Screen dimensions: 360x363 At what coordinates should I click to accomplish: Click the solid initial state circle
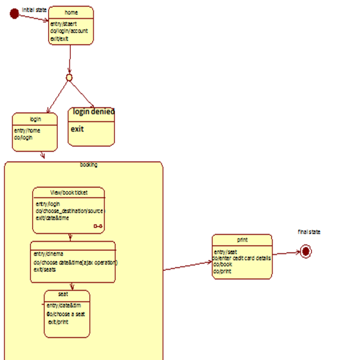click(14, 14)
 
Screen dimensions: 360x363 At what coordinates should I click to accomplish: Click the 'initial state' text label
click(34, 10)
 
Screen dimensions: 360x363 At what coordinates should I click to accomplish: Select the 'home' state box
click(71, 25)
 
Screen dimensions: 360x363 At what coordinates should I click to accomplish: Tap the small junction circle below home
click(69, 77)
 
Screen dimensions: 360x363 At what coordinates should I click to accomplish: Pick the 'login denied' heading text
click(93, 111)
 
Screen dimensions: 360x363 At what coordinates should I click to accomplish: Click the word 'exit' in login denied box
click(77, 129)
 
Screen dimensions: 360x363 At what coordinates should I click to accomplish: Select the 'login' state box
click(35, 132)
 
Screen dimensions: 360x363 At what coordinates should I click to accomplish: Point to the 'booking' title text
click(89, 165)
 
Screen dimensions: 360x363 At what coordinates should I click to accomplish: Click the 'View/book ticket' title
click(69, 193)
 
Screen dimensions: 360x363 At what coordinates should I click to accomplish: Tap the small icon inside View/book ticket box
click(98, 227)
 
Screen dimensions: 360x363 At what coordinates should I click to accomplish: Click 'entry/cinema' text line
click(49, 253)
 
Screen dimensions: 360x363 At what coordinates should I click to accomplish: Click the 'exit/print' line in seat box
click(58, 322)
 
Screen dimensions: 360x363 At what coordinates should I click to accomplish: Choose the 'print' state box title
click(242, 239)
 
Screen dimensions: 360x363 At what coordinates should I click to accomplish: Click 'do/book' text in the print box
click(222, 265)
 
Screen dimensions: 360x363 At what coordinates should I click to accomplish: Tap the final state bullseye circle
click(306, 251)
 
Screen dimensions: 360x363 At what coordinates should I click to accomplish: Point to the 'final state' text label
click(309, 231)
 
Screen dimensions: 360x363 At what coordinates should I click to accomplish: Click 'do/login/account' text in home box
click(69, 31)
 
